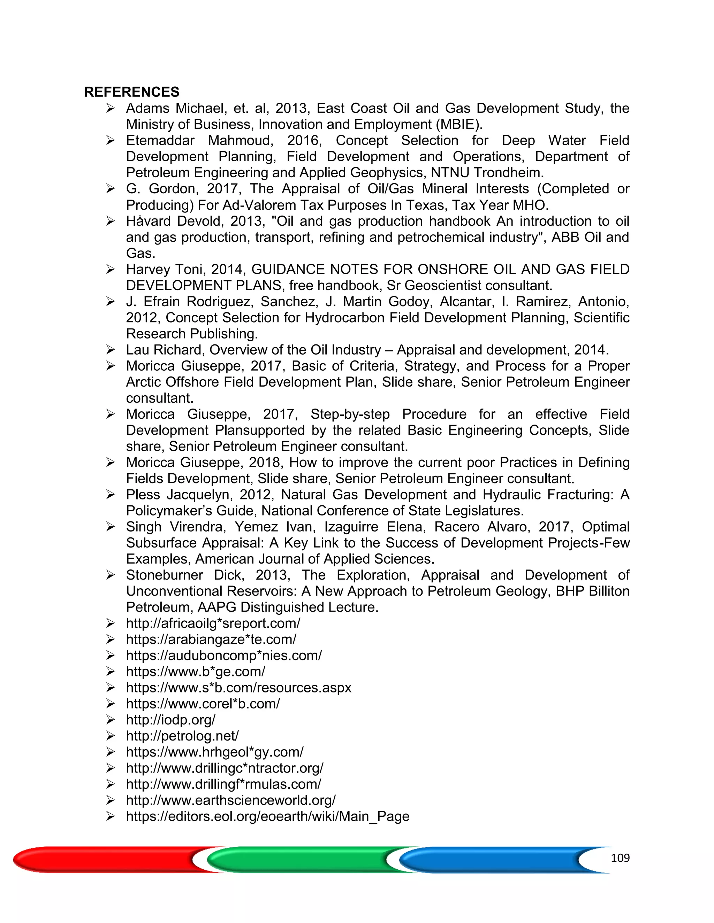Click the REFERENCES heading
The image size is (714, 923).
[x=131, y=92]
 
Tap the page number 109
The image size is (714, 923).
[x=620, y=858]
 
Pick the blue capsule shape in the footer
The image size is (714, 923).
[x=491, y=860]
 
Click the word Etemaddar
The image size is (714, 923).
[x=160, y=140]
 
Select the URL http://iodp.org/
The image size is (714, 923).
[x=170, y=720]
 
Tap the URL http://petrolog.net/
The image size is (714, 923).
[x=182, y=736]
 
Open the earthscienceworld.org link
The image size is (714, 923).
[x=230, y=800]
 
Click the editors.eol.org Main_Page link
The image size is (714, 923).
[x=267, y=816]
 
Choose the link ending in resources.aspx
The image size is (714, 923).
[x=238, y=688]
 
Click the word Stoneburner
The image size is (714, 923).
[x=164, y=575]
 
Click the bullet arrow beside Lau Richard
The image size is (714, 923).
[x=111, y=350]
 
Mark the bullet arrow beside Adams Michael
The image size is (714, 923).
[x=111, y=109]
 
